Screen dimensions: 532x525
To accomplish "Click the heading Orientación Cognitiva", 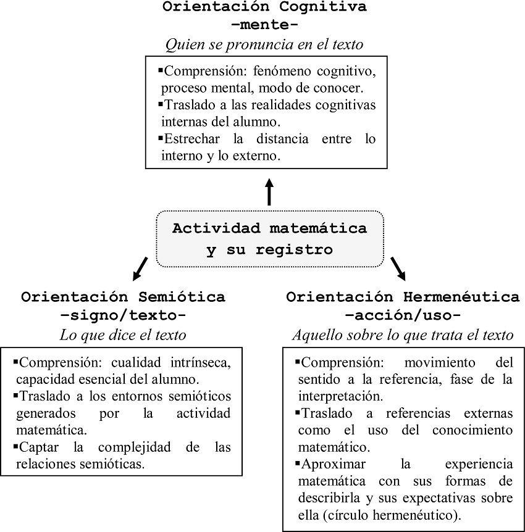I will point(264,7).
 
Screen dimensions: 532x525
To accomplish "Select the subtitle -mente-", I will point(264,27).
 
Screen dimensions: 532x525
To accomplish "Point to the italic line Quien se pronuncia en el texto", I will point(264,44).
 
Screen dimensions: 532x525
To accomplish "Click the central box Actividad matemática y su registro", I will point(270,239).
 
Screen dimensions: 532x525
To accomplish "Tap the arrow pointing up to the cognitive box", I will point(269,192).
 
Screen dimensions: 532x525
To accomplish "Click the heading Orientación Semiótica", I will point(123,297).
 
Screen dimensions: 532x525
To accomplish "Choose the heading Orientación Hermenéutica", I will point(403,297).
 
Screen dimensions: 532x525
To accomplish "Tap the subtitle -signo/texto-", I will point(123,316).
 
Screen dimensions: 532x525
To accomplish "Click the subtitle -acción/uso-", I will point(403,316).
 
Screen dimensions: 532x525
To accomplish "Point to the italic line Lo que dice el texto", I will point(123,335).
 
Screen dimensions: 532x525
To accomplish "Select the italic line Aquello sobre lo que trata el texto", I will point(403,335).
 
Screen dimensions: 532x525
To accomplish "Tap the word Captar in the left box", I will point(41,447).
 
